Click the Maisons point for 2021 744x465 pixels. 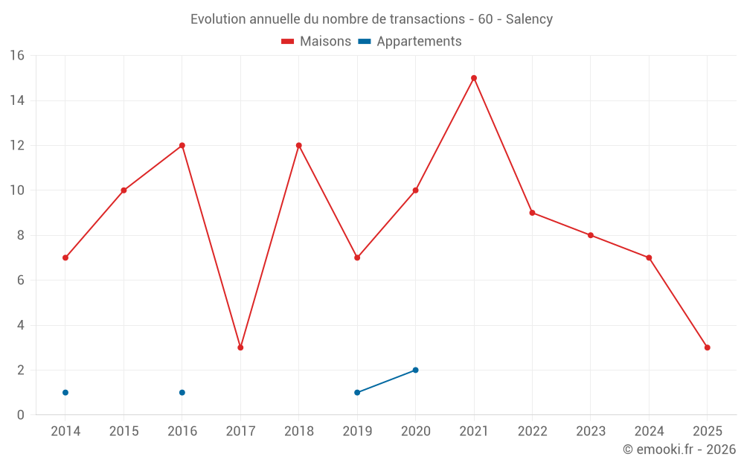click(474, 78)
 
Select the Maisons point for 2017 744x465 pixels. click(240, 347)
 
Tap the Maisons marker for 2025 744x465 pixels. click(708, 347)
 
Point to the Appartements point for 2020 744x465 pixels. click(415, 370)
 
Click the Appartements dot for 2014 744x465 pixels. click(65, 392)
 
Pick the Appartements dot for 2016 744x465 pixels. click(182, 392)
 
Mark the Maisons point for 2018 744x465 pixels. click(299, 145)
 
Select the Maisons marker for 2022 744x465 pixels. click(532, 213)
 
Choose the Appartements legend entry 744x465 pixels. click(419, 42)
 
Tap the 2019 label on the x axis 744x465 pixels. click(357, 432)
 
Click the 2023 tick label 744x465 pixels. click(591, 432)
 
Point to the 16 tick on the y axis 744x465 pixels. click(17, 56)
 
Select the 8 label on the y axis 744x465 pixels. click(21, 235)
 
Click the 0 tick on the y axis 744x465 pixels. click(21, 415)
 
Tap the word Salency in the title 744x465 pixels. click(529, 19)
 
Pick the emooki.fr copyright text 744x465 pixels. click(679, 449)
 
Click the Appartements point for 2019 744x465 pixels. click(357, 392)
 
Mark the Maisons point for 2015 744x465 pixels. click(124, 190)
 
